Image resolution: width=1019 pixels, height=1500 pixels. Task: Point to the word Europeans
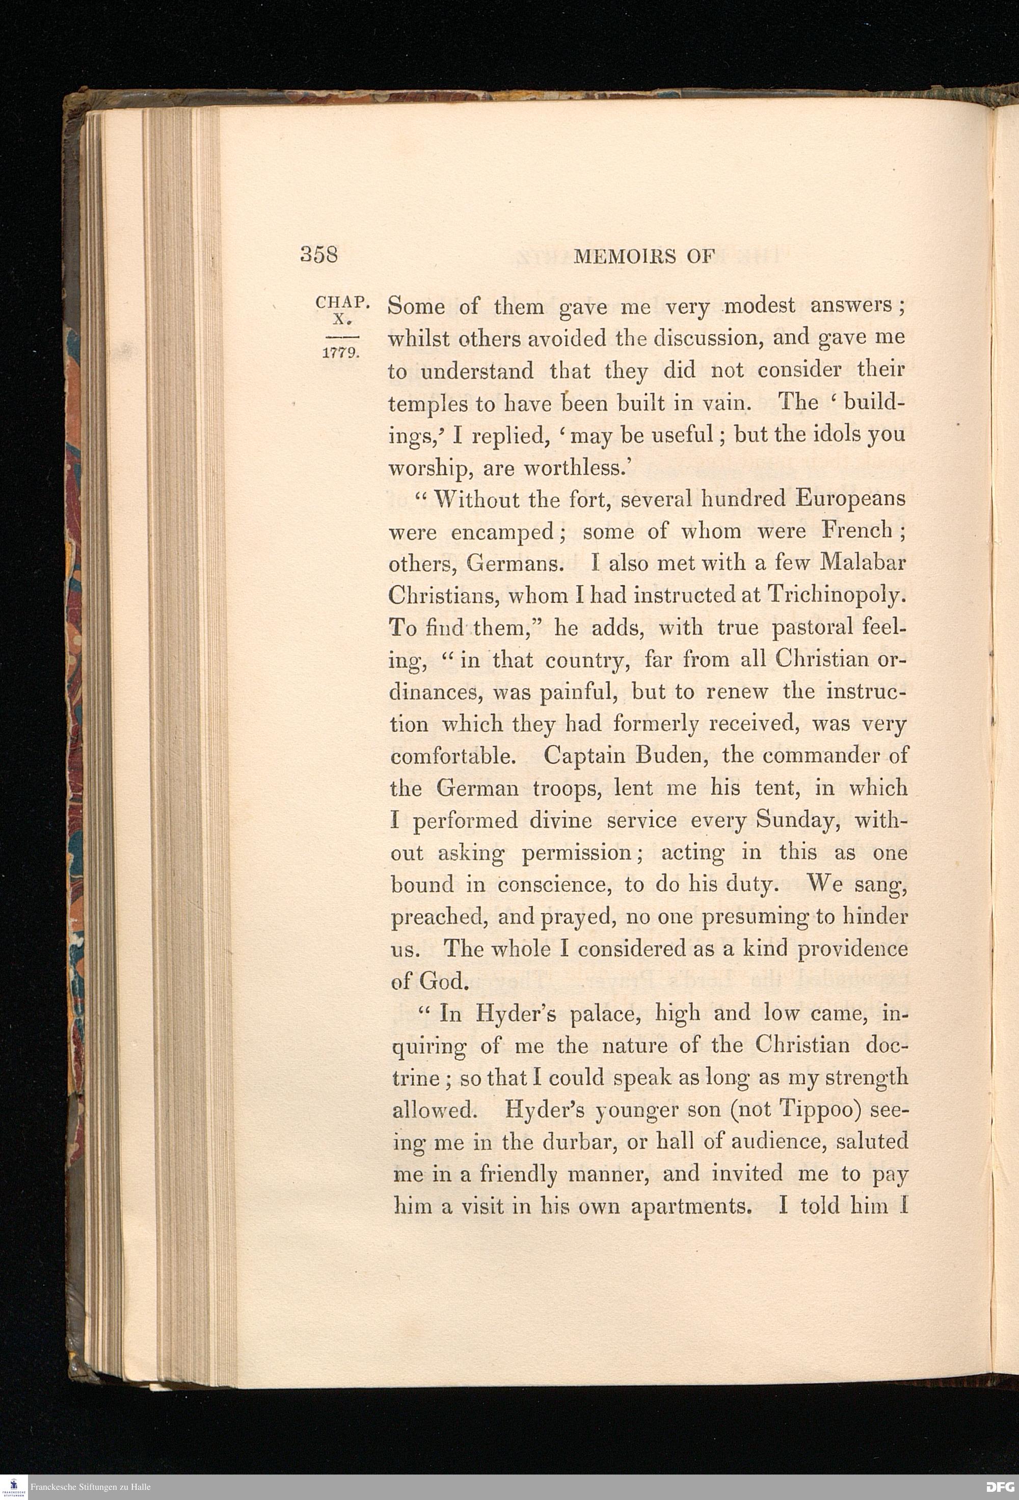pyautogui.click(x=850, y=498)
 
